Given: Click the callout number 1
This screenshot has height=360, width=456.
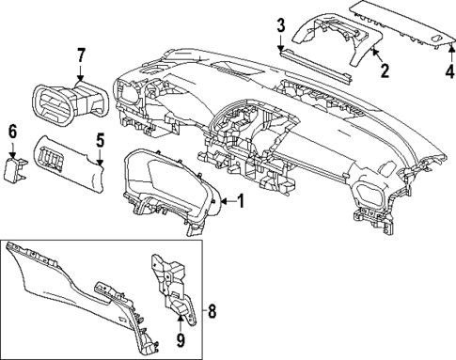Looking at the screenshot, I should pyautogui.click(x=241, y=200).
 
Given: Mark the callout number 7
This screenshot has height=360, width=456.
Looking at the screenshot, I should pyautogui.click(x=81, y=55).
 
